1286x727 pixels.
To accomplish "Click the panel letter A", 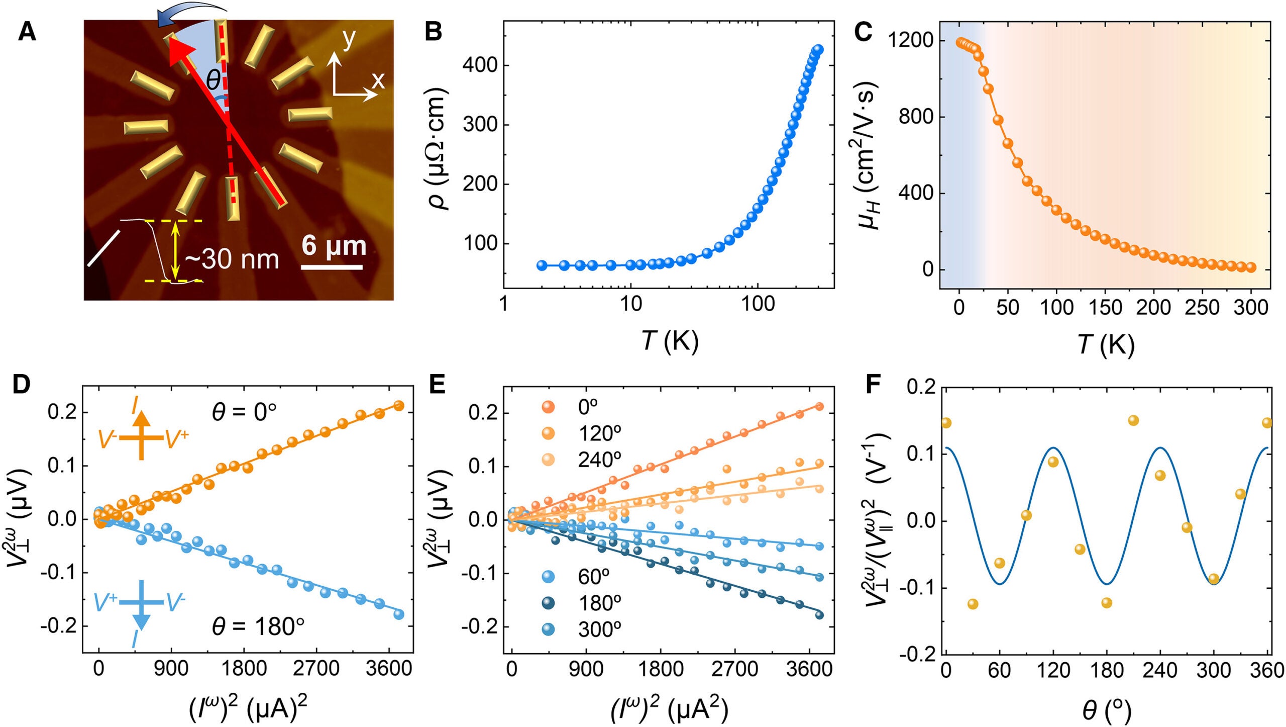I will coord(27,32).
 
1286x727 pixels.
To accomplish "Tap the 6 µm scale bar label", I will coord(334,246).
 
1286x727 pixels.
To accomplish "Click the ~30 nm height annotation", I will coord(232,259).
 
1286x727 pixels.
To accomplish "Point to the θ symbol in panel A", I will coord(213,79).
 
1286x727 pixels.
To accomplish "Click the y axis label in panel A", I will coord(349,38).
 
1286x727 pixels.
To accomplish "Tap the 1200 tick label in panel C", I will coord(910,40).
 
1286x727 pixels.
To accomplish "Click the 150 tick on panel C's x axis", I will coord(1105,307).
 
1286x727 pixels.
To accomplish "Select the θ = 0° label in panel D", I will coord(244,412).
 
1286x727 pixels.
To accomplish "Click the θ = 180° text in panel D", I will coord(258,626).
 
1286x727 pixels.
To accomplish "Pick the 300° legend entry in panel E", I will coord(599,629).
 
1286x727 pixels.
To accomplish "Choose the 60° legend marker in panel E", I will coord(548,576).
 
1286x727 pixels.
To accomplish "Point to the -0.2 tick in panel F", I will coord(917,655).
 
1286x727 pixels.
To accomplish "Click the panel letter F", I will coord(873,384).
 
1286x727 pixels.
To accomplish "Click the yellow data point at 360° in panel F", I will coord(1266,423).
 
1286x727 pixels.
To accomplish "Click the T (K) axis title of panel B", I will coord(670,342).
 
